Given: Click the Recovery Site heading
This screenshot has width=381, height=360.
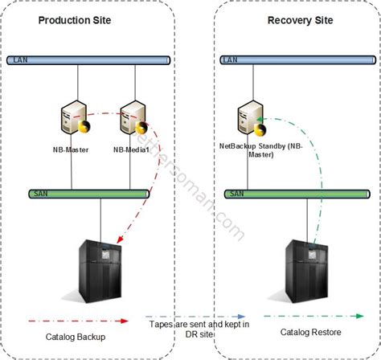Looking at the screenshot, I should [x=297, y=19].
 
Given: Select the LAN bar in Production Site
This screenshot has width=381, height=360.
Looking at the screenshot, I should [x=88, y=59].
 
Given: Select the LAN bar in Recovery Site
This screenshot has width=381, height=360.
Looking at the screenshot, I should [x=298, y=59].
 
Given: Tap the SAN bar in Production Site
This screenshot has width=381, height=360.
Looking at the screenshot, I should [x=88, y=194].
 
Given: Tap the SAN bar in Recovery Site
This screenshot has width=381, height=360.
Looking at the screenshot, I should [x=298, y=194].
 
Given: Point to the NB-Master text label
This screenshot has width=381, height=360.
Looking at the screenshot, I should [x=74, y=149].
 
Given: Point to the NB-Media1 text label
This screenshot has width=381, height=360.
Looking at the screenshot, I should [x=133, y=149].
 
